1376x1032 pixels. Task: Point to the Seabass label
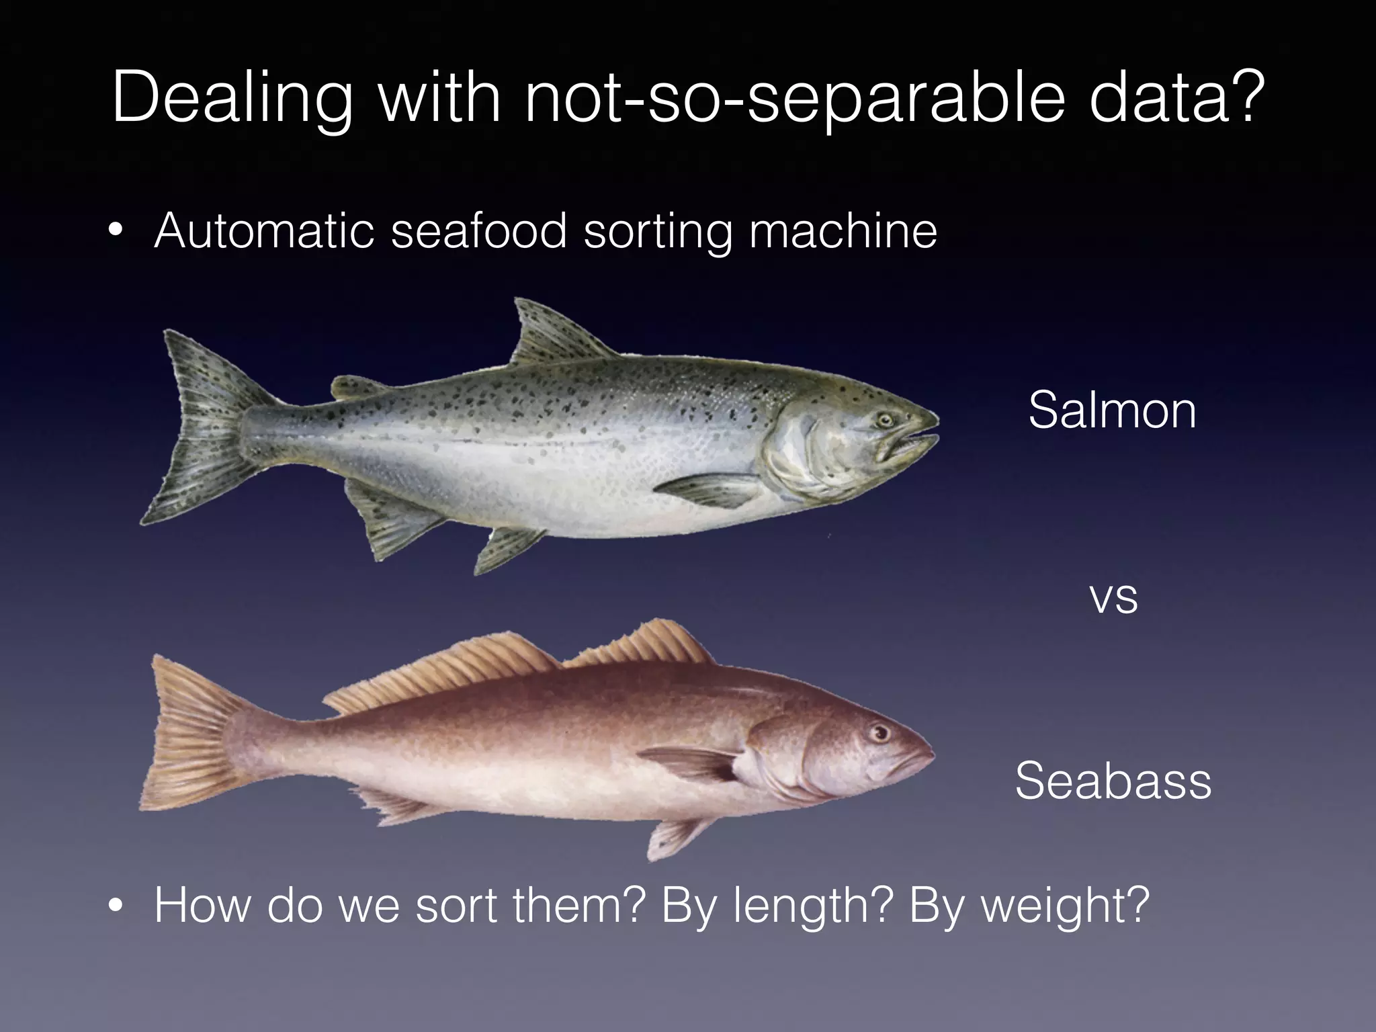coord(1113,781)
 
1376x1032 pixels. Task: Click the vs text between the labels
coord(1113,598)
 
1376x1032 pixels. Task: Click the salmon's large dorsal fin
coord(551,336)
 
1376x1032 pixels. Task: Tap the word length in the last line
coord(810,906)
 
